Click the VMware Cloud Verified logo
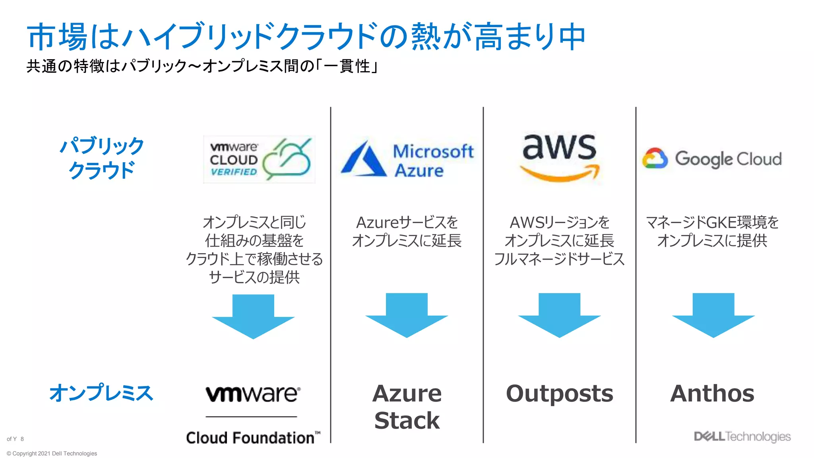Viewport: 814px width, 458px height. coord(259,159)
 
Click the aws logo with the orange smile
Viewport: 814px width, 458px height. coord(560,157)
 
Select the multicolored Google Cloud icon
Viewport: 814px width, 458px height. coord(655,159)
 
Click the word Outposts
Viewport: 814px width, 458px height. coord(559,394)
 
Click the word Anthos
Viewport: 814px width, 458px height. coord(712,394)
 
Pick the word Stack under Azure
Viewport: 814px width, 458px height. coord(407,421)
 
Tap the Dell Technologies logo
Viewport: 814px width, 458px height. coord(742,437)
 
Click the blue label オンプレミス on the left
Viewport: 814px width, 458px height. coord(101,393)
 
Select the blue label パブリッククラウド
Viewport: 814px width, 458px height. coord(102,158)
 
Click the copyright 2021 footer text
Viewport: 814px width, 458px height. coord(52,453)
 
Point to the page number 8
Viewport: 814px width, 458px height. coord(22,439)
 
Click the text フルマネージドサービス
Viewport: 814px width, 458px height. coord(559,259)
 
